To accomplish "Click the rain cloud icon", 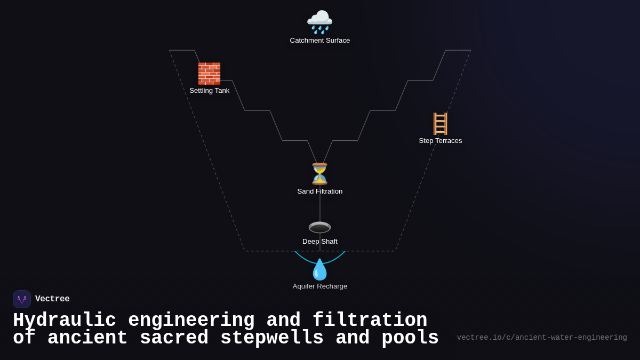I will (319, 22).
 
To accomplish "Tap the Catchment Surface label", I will (320, 41).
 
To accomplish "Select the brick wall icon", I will (209, 74).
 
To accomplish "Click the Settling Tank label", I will (210, 91).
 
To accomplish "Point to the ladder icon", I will (440, 124).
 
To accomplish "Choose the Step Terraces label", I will (441, 141).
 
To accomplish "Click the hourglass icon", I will (319, 174).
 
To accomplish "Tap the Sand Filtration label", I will (320, 191).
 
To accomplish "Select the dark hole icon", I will (319, 227).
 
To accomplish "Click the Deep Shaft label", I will (320, 242).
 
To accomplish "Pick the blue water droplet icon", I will (319, 270).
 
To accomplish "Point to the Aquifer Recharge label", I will (320, 286).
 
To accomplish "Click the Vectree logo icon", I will (22, 299).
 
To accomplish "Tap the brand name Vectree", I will (52, 299).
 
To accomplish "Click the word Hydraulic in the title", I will (65, 321).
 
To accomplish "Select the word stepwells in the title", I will (272, 338).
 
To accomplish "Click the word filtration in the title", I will (370, 321).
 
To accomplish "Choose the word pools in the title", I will (410, 338).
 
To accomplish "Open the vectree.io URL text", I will (542, 338).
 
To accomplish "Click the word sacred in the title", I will (174, 338).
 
